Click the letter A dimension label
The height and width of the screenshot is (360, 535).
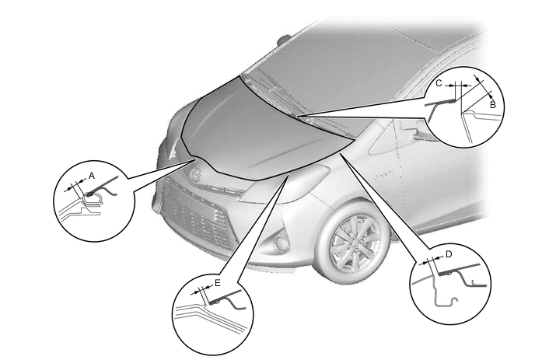click(92, 176)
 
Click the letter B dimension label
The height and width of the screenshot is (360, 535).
click(493, 105)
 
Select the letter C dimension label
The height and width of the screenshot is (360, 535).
click(439, 83)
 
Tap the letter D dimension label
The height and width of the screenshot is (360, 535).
click(449, 254)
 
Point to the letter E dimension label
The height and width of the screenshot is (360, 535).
click(218, 283)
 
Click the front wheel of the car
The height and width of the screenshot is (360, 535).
click(355, 244)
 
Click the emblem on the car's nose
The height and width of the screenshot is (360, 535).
click(197, 174)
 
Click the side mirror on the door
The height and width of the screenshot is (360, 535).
click(418, 134)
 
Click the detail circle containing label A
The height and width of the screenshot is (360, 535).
click(94, 201)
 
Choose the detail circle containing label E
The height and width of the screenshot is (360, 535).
click(212, 314)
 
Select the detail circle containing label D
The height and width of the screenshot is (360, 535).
click(449, 284)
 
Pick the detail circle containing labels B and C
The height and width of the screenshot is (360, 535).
click(464, 107)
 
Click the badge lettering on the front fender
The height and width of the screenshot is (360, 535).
click(383, 176)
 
